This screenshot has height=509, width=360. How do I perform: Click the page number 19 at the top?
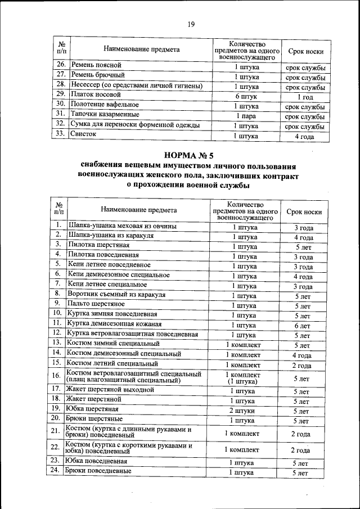(191, 24)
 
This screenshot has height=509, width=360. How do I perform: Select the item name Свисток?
(83, 135)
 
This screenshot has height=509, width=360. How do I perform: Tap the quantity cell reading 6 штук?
(246, 96)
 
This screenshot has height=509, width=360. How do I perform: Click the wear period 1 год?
(304, 96)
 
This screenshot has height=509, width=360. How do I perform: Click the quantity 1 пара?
(246, 116)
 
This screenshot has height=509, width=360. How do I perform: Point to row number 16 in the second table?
(56, 376)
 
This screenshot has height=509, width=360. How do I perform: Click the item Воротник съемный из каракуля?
(116, 294)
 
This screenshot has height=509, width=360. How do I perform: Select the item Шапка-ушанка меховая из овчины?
(122, 226)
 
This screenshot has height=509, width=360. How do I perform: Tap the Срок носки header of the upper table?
(305, 52)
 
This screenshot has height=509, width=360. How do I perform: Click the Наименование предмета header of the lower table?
(139, 210)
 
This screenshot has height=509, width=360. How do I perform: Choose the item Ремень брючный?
(97, 75)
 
